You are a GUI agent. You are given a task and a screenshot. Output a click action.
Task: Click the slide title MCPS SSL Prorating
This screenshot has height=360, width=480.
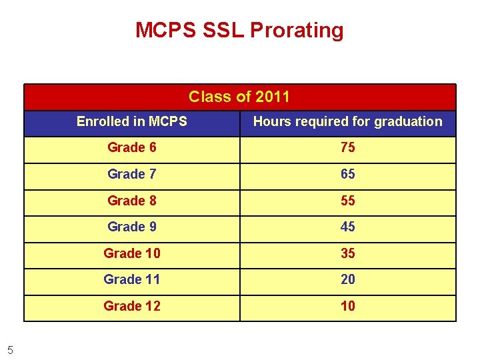[239, 30]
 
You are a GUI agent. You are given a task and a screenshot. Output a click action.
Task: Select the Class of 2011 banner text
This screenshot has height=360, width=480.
[239, 97]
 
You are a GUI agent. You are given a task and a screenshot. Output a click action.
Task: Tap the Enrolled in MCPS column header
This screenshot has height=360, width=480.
[131, 121]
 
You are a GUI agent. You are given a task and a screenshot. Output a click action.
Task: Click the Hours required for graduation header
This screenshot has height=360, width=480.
[347, 121]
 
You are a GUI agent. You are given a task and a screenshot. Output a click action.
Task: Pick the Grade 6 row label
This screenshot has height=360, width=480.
[132, 147]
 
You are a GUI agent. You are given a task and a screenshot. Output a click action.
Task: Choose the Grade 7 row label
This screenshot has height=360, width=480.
[132, 174]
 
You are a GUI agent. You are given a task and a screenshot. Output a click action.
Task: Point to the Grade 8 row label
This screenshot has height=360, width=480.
[132, 201]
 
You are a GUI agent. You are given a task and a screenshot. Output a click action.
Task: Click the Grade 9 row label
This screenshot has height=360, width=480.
[132, 227]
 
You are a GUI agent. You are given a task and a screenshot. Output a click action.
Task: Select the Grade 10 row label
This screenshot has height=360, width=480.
[132, 253]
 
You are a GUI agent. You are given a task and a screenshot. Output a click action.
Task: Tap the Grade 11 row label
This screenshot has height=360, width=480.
[132, 279]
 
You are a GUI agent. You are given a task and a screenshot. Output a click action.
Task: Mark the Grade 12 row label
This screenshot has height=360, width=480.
[132, 306]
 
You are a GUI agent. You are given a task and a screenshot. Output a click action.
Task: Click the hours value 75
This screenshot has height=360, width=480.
[347, 147]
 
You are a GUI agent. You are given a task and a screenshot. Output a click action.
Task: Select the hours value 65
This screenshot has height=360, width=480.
[347, 174]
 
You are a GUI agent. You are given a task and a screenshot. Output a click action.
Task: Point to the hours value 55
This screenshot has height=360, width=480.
[347, 201]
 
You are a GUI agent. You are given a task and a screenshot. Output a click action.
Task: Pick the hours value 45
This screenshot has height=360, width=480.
[347, 227]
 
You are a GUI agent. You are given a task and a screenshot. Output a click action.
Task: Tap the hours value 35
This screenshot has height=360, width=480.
[347, 253]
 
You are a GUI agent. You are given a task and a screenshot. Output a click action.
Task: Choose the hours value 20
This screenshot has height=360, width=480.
[347, 279]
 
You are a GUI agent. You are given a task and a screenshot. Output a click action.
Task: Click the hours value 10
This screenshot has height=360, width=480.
[347, 306]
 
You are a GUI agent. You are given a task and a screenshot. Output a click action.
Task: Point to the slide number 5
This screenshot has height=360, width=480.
[10, 347]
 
